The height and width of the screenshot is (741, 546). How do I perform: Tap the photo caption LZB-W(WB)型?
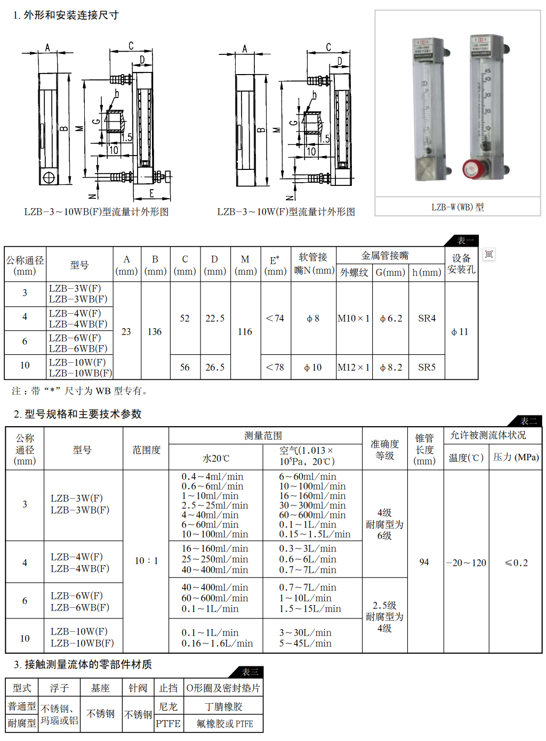457,207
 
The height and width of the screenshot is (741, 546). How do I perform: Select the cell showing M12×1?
354,367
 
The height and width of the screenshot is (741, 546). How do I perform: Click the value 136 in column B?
155,331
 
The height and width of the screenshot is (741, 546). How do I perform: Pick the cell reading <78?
275,367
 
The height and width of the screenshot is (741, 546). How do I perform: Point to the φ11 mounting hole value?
460,332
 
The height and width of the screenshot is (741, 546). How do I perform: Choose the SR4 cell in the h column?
427,318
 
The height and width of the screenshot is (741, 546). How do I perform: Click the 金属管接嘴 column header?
385,255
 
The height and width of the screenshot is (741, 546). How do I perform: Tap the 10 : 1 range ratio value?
146,560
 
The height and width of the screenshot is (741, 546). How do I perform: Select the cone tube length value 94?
424,562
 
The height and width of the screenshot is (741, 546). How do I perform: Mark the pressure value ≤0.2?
516,563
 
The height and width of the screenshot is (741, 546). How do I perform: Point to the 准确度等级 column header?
384,450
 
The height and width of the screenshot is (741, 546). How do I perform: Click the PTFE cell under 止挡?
168,723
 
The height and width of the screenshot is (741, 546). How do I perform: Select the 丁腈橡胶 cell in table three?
223,706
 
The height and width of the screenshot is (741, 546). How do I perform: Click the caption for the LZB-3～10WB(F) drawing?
96,211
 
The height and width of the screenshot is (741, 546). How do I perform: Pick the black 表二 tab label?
528,421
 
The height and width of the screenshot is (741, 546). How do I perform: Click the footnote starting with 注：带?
80,390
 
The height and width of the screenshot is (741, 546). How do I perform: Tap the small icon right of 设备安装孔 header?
489,254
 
